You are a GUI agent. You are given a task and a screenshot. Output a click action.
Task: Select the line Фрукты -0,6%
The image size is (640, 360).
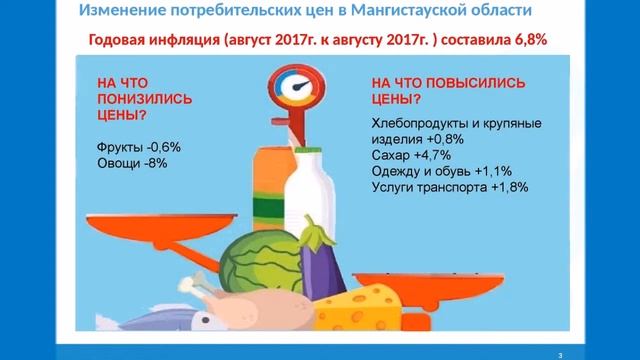[x=138, y=147]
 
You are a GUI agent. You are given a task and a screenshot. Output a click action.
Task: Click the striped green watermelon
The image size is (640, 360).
[x=253, y=260]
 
